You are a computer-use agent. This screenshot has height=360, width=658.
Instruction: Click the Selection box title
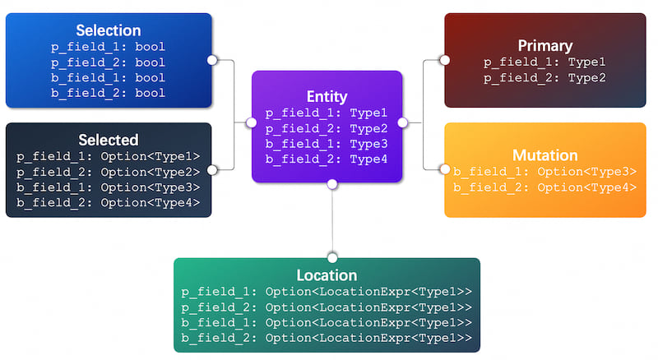pyautogui.click(x=109, y=30)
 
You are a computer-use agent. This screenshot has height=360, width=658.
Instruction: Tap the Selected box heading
pyautogui.click(x=109, y=141)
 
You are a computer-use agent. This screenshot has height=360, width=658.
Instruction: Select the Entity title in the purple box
pyautogui.click(x=327, y=97)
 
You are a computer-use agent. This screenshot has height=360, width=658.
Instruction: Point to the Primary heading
pyautogui.click(x=545, y=46)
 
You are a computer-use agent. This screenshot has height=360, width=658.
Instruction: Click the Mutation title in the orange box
pyautogui.click(x=545, y=155)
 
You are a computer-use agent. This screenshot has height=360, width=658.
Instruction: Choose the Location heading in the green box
pyautogui.click(x=327, y=275)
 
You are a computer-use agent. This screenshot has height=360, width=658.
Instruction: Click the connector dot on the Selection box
pyautogui.click(x=212, y=60)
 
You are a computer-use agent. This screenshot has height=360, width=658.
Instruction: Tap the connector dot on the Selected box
pyautogui.click(x=212, y=170)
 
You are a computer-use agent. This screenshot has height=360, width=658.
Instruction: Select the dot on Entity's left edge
pyautogui.click(x=252, y=122)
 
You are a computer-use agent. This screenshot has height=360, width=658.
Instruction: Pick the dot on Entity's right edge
pyautogui.click(x=402, y=122)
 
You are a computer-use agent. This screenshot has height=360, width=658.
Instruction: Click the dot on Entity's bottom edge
pyautogui.click(x=332, y=184)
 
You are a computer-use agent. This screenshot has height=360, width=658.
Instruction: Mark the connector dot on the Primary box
pyautogui.click(x=445, y=61)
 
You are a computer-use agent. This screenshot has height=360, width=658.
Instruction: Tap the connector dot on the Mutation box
pyautogui.click(x=445, y=169)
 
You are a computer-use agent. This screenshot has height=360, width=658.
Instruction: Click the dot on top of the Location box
pyautogui.click(x=332, y=257)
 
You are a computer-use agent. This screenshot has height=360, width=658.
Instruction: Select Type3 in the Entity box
pyautogui.click(x=368, y=144)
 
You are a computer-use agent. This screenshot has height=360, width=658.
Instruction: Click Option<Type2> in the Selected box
pyautogui.click(x=151, y=172)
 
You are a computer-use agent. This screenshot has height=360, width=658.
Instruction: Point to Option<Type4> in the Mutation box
pyautogui.click(x=587, y=187)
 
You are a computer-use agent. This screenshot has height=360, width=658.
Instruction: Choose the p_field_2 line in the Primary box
pyautogui.click(x=544, y=78)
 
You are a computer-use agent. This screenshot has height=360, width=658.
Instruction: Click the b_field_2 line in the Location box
pyautogui.click(x=327, y=338)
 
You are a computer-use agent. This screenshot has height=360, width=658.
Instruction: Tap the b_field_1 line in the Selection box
pyautogui.click(x=109, y=78)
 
